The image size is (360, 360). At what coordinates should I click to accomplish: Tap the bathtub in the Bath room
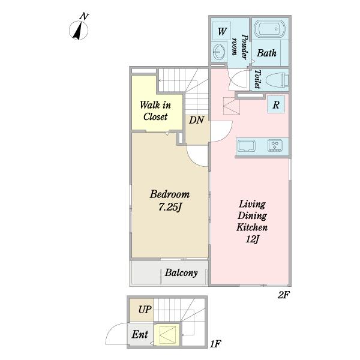pyautogui.click(x=270, y=29)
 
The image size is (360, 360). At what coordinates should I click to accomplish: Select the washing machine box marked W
pyautogui.click(x=221, y=31)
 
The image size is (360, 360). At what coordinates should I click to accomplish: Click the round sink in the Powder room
pyautogui.click(x=218, y=51)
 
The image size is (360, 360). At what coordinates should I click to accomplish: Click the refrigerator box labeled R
pyautogui.click(x=276, y=104)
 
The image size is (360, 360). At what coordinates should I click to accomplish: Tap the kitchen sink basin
pyautogui.click(x=247, y=146)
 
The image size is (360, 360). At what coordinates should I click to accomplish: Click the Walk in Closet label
pyautogui.click(x=155, y=111)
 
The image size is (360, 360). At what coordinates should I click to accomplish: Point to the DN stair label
pyautogui.click(x=196, y=120)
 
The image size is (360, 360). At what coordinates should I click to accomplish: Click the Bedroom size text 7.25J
pyautogui.click(x=170, y=208)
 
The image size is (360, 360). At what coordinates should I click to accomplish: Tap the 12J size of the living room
pyautogui.click(x=252, y=239)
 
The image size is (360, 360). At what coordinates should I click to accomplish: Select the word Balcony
pyautogui.click(x=181, y=273)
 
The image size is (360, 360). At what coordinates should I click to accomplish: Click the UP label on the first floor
pyautogui.click(x=145, y=310)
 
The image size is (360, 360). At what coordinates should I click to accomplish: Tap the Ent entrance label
pyautogui.click(x=140, y=334)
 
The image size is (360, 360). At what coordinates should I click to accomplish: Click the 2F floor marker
pyautogui.click(x=283, y=295)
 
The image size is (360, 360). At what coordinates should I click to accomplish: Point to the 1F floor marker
pyautogui.click(x=215, y=344)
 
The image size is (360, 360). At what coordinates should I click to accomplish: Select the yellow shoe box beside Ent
pyautogui.click(x=166, y=335)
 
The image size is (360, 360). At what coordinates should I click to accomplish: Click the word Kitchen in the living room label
pyautogui.click(x=252, y=227)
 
